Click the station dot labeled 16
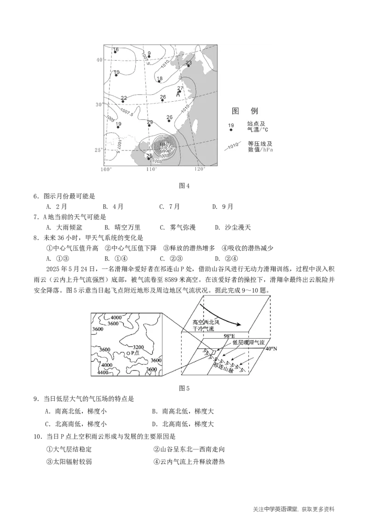point(115,52)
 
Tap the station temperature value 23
point(189,63)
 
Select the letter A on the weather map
point(178,94)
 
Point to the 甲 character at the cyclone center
point(162,145)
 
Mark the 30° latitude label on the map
point(98,104)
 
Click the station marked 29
point(149,125)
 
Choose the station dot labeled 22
point(123,101)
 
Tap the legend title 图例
point(245,111)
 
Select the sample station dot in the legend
point(231,130)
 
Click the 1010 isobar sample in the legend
point(233,147)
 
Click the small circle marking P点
point(128,353)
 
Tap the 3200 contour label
point(138,347)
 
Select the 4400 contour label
point(105,372)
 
